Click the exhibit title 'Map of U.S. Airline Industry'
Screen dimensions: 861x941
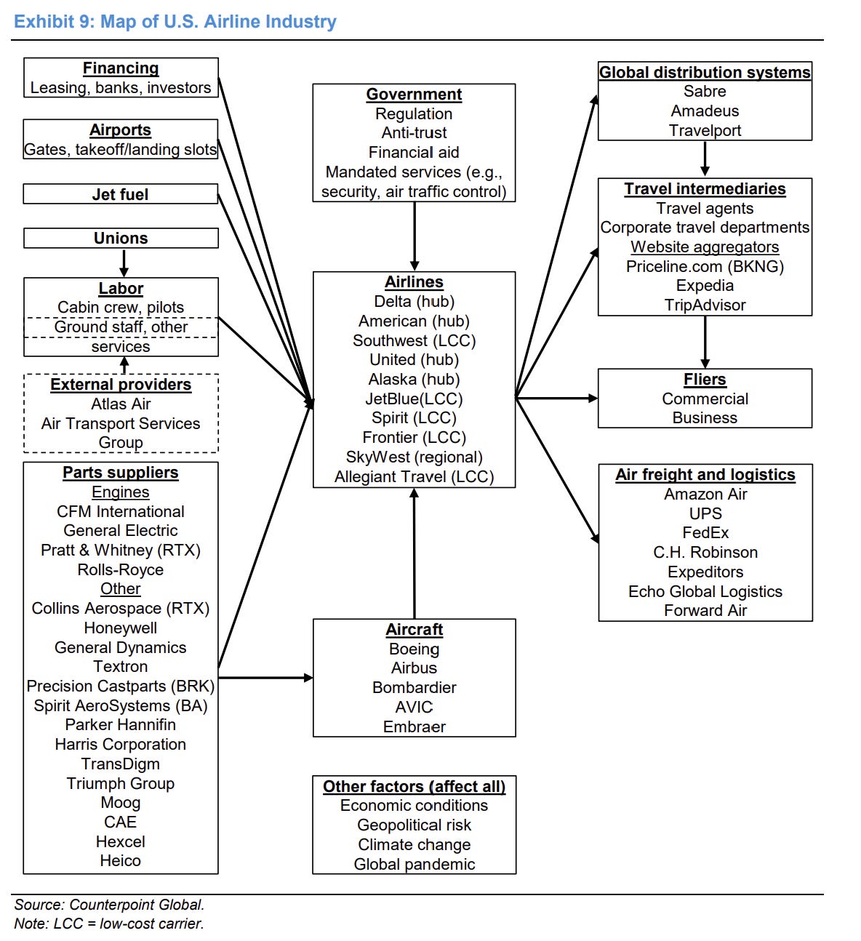point(218,22)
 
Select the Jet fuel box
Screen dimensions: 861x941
point(121,193)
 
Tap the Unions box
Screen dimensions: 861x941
point(121,238)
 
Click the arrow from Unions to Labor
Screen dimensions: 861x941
point(124,263)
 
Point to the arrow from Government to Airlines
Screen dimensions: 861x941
point(415,236)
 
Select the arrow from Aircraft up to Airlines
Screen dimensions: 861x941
point(415,553)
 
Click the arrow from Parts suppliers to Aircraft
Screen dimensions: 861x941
point(265,677)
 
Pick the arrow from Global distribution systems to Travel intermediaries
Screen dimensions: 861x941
point(705,159)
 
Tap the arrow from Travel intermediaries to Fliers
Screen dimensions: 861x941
point(705,343)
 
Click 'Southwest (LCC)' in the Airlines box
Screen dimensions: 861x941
point(415,340)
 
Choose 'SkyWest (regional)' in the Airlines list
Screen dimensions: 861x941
point(415,457)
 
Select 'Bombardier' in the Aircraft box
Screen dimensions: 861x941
point(415,687)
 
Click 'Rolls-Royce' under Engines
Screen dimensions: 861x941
point(121,569)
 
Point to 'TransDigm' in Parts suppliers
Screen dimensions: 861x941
point(121,764)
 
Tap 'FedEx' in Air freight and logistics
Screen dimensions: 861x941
point(705,532)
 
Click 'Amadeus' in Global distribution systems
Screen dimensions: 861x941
point(705,111)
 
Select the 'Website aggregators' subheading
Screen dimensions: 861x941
point(705,247)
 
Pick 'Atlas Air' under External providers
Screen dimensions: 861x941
point(121,404)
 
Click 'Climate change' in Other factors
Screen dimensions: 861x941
point(415,844)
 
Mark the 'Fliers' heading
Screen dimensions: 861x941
point(705,379)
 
